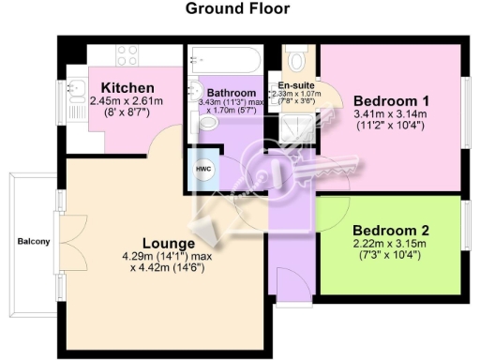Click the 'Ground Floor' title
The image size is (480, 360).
pyautogui.click(x=237, y=9)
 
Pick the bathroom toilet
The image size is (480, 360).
pyautogui.click(x=207, y=122)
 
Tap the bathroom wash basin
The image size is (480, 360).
pyautogui.click(x=197, y=91)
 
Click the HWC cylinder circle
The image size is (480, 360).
pyautogui.click(x=203, y=168)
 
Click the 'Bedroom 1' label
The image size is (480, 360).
pyautogui.click(x=391, y=101)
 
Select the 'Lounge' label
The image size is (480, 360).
pyautogui.click(x=155, y=241)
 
